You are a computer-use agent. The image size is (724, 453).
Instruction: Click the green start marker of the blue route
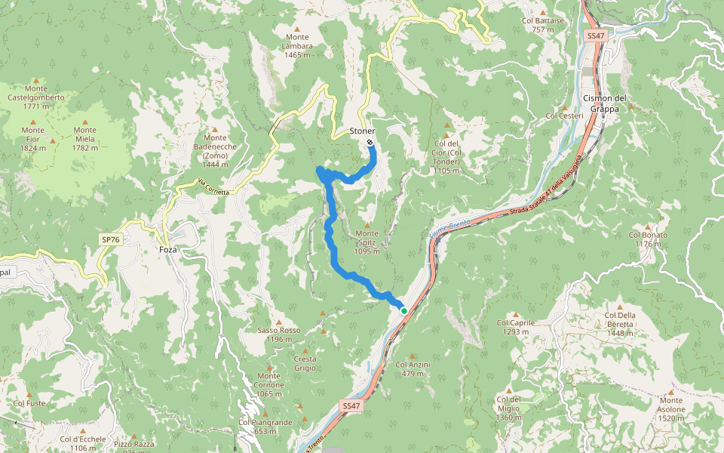(x=404, y=310)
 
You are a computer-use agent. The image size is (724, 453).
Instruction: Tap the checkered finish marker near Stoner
(x=370, y=142)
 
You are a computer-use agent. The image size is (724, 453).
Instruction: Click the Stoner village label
(x=362, y=131)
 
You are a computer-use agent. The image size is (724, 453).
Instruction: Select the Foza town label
(x=168, y=249)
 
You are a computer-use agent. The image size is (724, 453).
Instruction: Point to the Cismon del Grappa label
(x=605, y=103)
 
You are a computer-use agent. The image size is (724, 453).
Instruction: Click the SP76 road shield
(x=110, y=239)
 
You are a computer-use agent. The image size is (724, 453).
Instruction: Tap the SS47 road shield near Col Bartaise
(x=595, y=35)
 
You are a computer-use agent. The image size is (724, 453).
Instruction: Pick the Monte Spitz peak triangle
(x=367, y=224)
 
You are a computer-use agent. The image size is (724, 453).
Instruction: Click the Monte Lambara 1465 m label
(x=298, y=45)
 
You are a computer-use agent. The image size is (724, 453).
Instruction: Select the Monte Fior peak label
(x=32, y=139)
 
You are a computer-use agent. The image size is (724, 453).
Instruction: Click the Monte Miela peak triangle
(x=84, y=121)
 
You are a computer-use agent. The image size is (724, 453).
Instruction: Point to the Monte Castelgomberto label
(x=35, y=97)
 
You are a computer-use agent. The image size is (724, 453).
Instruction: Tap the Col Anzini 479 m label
(x=413, y=368)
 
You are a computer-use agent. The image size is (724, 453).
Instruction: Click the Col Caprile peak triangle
(x=516, y=315)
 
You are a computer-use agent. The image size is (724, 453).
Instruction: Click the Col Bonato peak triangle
(x=648, y=226)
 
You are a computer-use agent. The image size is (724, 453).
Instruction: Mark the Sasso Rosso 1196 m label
(x=278, y=334)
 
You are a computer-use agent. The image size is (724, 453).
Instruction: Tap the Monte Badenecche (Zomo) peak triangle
(x=215, y=129)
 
